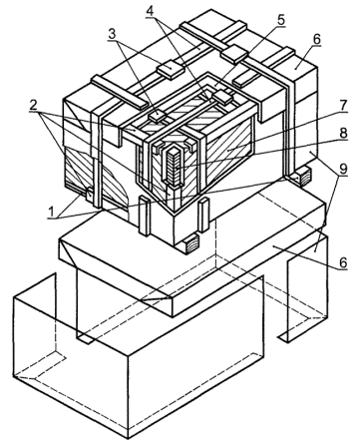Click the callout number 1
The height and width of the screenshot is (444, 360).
[x=52, y=211]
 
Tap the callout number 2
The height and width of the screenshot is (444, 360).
[x=33, y=105]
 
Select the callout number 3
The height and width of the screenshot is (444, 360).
[x=112, y=34]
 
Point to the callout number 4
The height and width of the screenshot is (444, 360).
[x=151, y=11]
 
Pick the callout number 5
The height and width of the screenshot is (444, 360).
[x=281, y=20]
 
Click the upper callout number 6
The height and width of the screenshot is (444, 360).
[x=316, y=40]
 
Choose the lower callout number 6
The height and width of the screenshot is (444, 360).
[x=342, y=262]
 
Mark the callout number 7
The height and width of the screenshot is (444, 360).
[x=342, y=106]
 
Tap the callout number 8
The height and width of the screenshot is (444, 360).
[x=343, y=133]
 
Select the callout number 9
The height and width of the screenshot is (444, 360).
[x=343, y=169]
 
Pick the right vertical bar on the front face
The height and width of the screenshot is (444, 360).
[x=203, y=215]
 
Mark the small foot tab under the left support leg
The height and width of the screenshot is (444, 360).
[x=85, y=339]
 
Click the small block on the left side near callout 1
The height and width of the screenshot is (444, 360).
[x=89, y=194]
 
